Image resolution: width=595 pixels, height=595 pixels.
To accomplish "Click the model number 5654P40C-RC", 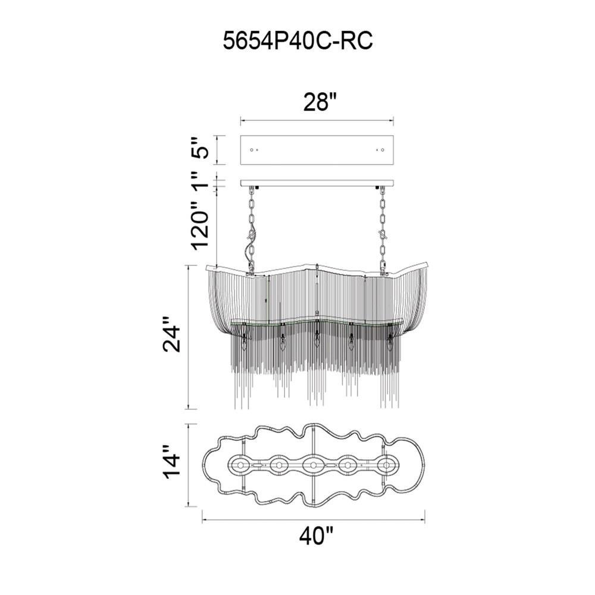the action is (x=297, y=40).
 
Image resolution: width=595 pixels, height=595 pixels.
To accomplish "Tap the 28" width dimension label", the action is (x=320, y=102).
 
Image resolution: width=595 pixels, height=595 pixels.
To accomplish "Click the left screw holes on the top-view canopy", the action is (x=254, y=150).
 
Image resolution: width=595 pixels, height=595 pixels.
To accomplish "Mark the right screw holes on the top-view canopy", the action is (x=380, y=150).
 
